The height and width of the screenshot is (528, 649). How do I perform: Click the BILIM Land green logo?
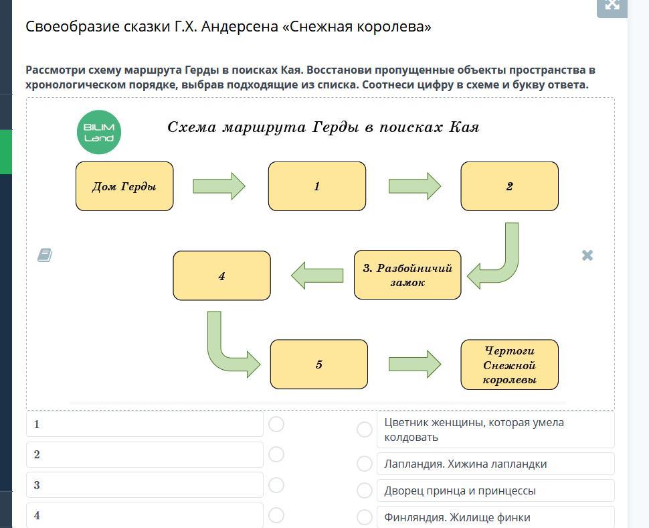tap(99, 132)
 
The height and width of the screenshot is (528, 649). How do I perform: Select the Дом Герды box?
tap(124, 186)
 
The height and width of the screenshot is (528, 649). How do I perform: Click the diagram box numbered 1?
tap(317, 186)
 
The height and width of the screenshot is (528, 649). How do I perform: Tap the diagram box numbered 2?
tap(509, 186)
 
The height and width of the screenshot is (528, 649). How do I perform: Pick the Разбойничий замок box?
tap(407, 275)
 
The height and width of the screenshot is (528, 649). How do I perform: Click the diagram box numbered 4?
tap(221, 275)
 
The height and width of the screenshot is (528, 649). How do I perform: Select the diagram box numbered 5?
tap(319, 365)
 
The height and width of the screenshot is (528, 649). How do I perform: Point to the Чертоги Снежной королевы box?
tap(509, 365)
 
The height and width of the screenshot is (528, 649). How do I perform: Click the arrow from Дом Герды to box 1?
tap(219, 186)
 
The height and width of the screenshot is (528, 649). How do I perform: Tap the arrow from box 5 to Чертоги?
tap(414, 364)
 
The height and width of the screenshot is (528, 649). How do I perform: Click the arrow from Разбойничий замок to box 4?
tap(317, 275)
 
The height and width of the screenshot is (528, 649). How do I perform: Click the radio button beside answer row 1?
tap(276, 424)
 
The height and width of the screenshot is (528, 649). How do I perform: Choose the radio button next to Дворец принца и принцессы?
tap(365, 490)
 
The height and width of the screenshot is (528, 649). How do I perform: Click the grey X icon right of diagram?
tap(587, 255)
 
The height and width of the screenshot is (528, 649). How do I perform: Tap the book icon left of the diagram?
tap(45, 255)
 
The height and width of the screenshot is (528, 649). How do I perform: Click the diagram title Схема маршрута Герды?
tap(323, 127)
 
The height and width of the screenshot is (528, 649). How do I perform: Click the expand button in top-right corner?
tap(612, 5)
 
